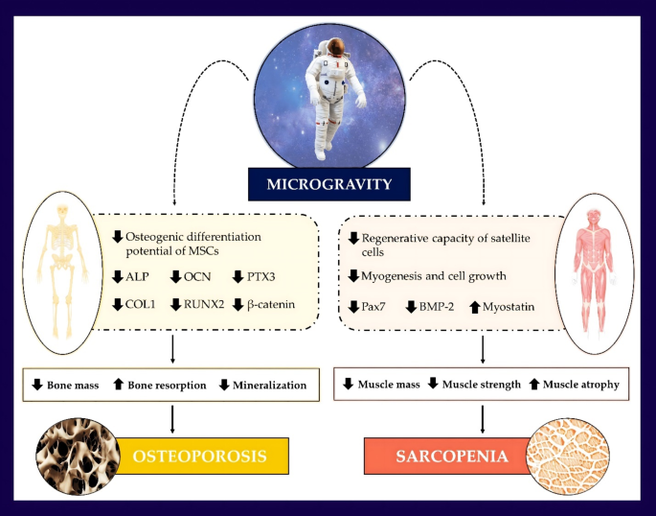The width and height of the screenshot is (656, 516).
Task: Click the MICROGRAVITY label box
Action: click(328, 181)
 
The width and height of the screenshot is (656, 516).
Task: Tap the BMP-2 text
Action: click(436, 307)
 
